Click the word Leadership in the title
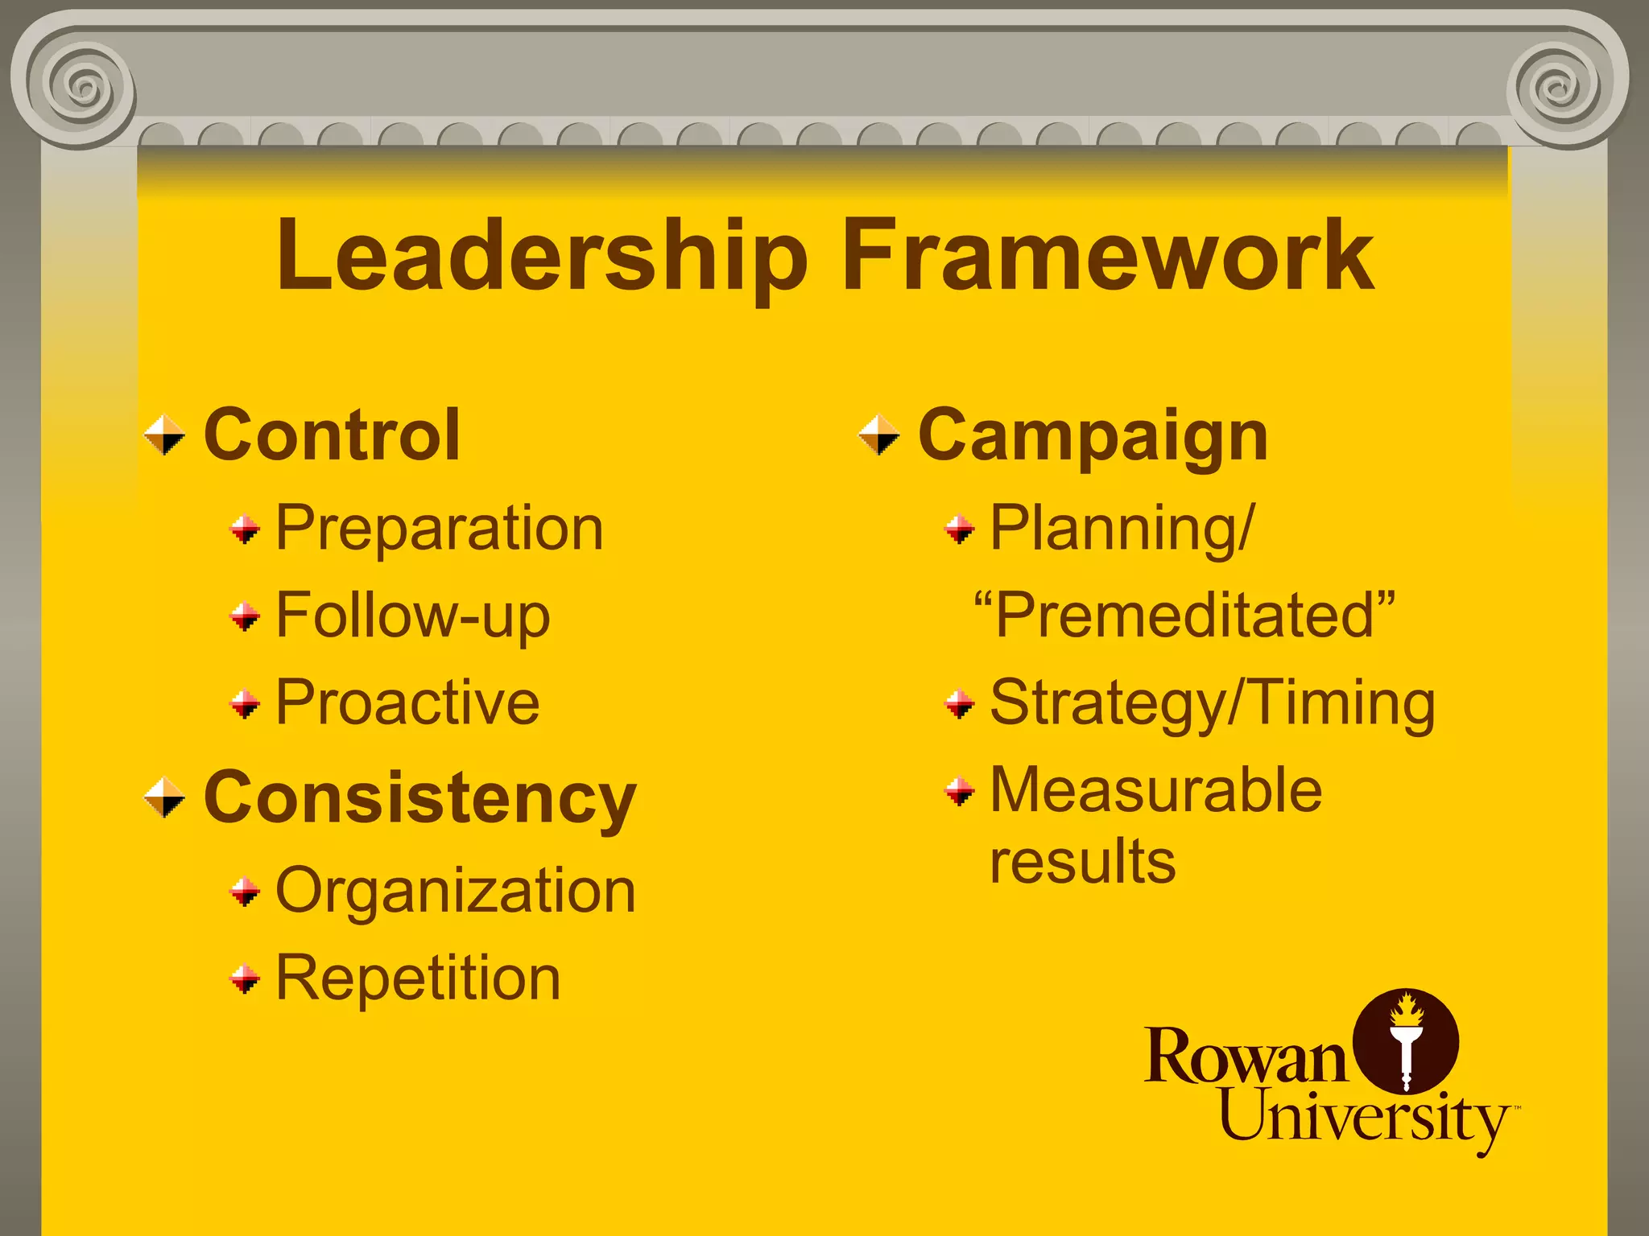coord(541,256)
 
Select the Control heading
coord(332,435)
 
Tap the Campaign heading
coord(1093,437)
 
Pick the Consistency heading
coord(419,798)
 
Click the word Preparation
coord(440,529)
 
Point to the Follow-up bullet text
coord(413,616)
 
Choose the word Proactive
coord(407,702)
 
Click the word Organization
coord(456,892)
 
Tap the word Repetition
coord(418,978)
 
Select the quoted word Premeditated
coord(1184,616)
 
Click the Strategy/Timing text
coord(1212,703)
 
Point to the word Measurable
coord(1155,790)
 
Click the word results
coord(1082,862)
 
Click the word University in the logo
coord(1364,1118)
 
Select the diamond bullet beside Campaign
coord(879,435)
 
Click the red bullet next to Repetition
coord(245,979)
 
